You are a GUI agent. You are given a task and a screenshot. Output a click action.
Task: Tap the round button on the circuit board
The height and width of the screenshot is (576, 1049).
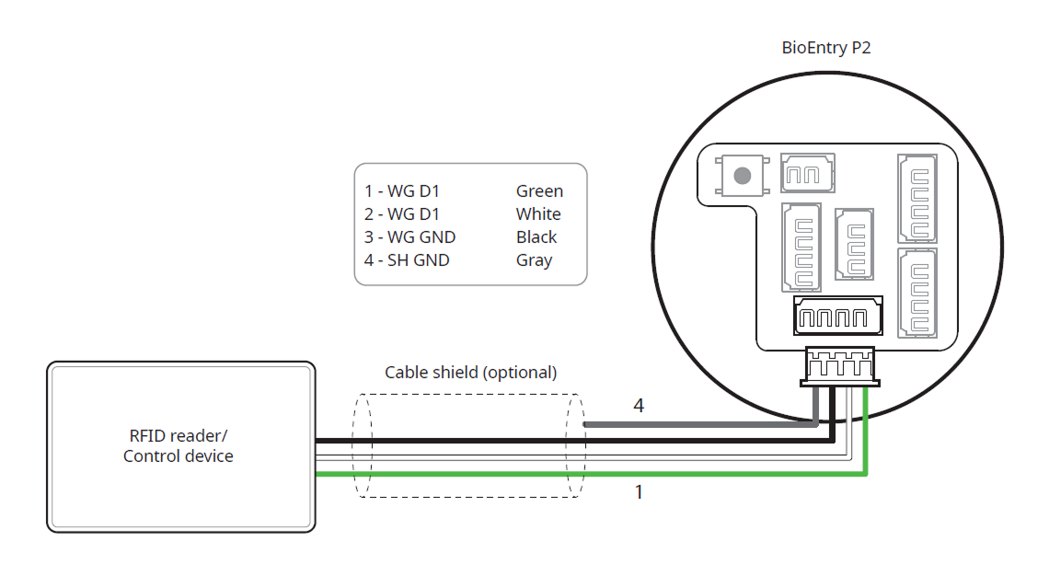pos(742,175)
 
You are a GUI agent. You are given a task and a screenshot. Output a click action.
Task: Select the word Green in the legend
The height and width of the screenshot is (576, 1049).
pos(539,191)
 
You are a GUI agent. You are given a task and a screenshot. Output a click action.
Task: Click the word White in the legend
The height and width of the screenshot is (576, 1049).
pos(538,214)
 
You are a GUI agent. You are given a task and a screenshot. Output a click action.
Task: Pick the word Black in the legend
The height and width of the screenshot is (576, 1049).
pos(536,237)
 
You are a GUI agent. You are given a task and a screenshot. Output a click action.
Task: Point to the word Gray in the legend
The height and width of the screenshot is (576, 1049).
pos(534,260)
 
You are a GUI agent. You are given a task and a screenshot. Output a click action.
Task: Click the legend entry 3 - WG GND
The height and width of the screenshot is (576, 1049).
pos(409,237)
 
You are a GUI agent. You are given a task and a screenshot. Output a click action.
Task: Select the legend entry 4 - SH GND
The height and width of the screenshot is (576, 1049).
pos(407,260)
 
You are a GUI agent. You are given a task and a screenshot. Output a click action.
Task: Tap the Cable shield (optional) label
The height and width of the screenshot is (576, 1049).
pos(470,373)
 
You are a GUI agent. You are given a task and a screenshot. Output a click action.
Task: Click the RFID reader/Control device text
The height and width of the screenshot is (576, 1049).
pos(179,445)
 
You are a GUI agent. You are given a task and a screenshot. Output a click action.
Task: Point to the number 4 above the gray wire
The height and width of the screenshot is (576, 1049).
pos(639,405)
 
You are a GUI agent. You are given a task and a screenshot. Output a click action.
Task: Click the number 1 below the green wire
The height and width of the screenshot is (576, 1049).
pos(639,492)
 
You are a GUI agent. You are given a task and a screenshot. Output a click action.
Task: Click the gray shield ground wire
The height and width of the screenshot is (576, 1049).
pos(699,425)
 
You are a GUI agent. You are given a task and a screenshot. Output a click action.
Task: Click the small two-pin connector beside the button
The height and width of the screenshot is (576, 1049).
pos(808,173)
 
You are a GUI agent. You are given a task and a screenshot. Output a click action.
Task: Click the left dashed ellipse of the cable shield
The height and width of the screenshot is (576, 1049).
pos(363,446)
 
